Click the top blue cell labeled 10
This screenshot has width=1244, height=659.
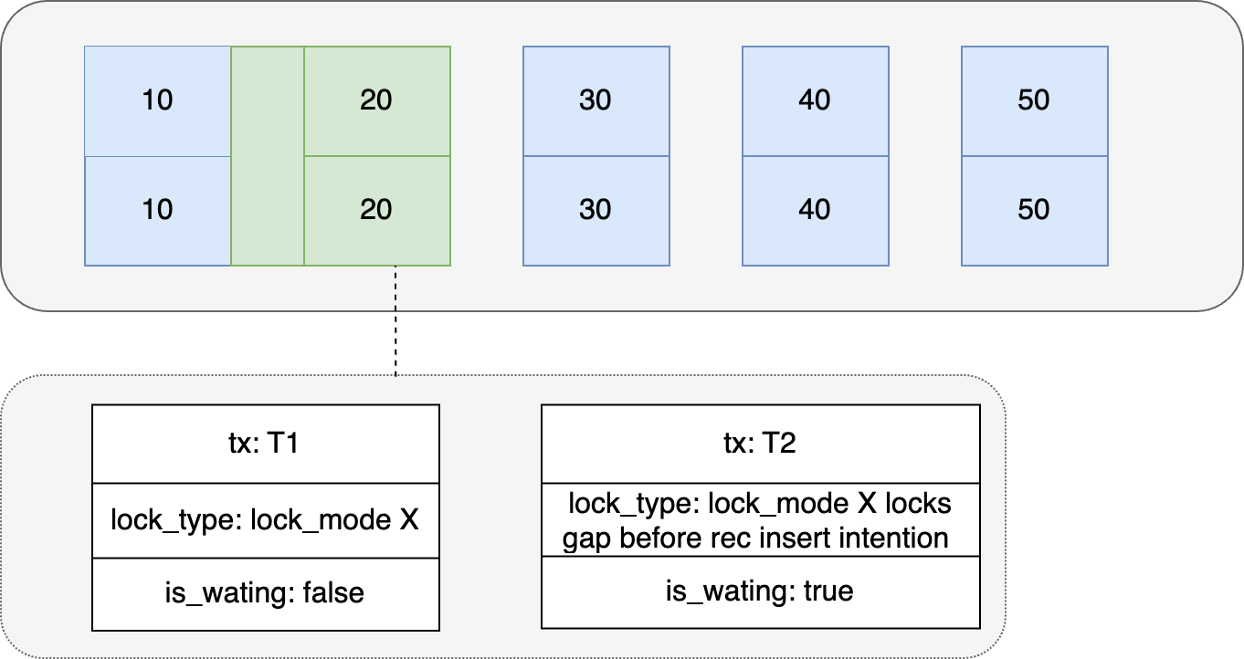pyautogui.click(x=157, y=100)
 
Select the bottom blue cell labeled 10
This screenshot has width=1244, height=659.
pyautogui.click(x=157, y=210)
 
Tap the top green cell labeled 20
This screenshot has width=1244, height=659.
pyautogui.click(x=376, y=100)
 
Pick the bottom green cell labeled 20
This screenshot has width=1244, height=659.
pyautogui.click(x=376, y=210)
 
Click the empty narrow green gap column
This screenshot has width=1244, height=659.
pyautogui.click(x=267, y=155)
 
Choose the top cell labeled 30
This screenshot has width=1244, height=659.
pyautogui.click(x=596, y=100)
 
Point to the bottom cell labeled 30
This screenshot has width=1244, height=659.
pyautogui.click(x=596, y=210)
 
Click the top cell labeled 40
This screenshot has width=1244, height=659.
pyautogui.click(x=815, y=100)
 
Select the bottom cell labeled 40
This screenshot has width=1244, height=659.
pyautogui.click(x=815, y=210)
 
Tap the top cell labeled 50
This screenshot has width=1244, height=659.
pyautogui.click(x=1034, y=100)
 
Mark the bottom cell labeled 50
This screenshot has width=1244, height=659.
pyautogui.click(x=1034, y=210)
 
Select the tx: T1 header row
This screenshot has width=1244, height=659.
pyautogui.click(x=266, y=445)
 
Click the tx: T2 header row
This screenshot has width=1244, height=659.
pyautogui.click(x=760, y=445)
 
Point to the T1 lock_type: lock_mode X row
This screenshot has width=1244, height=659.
pyautogui.click(x=266, y=520)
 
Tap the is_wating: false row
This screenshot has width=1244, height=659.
pyautogui.click(x=266, y=592)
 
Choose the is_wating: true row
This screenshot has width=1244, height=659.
pyautogui.click(x=760, y=591)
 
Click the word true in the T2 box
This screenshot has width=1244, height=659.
pyautogui.click(x=828, y=591)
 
